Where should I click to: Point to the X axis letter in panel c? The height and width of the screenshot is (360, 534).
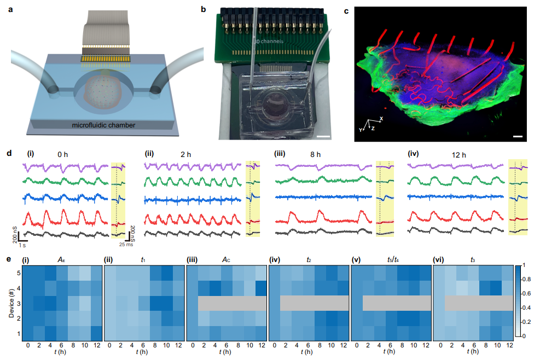point(381,118)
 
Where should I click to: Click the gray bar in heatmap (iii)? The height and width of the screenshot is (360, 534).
point(226,303)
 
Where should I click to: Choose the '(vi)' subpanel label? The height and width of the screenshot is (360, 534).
point(440,260)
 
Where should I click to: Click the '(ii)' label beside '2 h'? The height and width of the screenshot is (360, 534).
point(149,154)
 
